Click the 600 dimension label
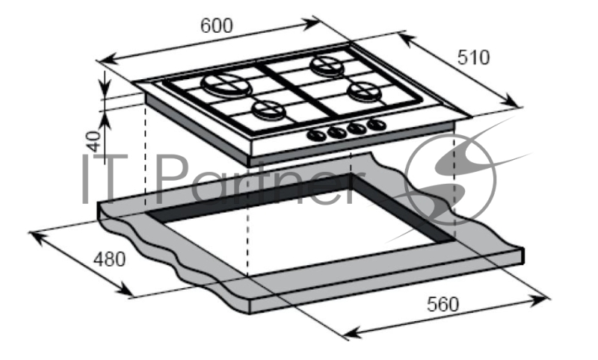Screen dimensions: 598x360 216,26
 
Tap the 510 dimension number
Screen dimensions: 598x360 473,58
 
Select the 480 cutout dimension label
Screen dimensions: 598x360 109,259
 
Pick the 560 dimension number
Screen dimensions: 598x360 443,304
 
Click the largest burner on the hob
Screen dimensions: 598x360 226,85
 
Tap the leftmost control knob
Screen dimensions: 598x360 317,135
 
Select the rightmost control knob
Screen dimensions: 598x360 377,124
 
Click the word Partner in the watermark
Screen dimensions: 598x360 259,180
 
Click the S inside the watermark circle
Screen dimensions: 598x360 450,179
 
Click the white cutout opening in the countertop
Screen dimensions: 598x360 301,229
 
